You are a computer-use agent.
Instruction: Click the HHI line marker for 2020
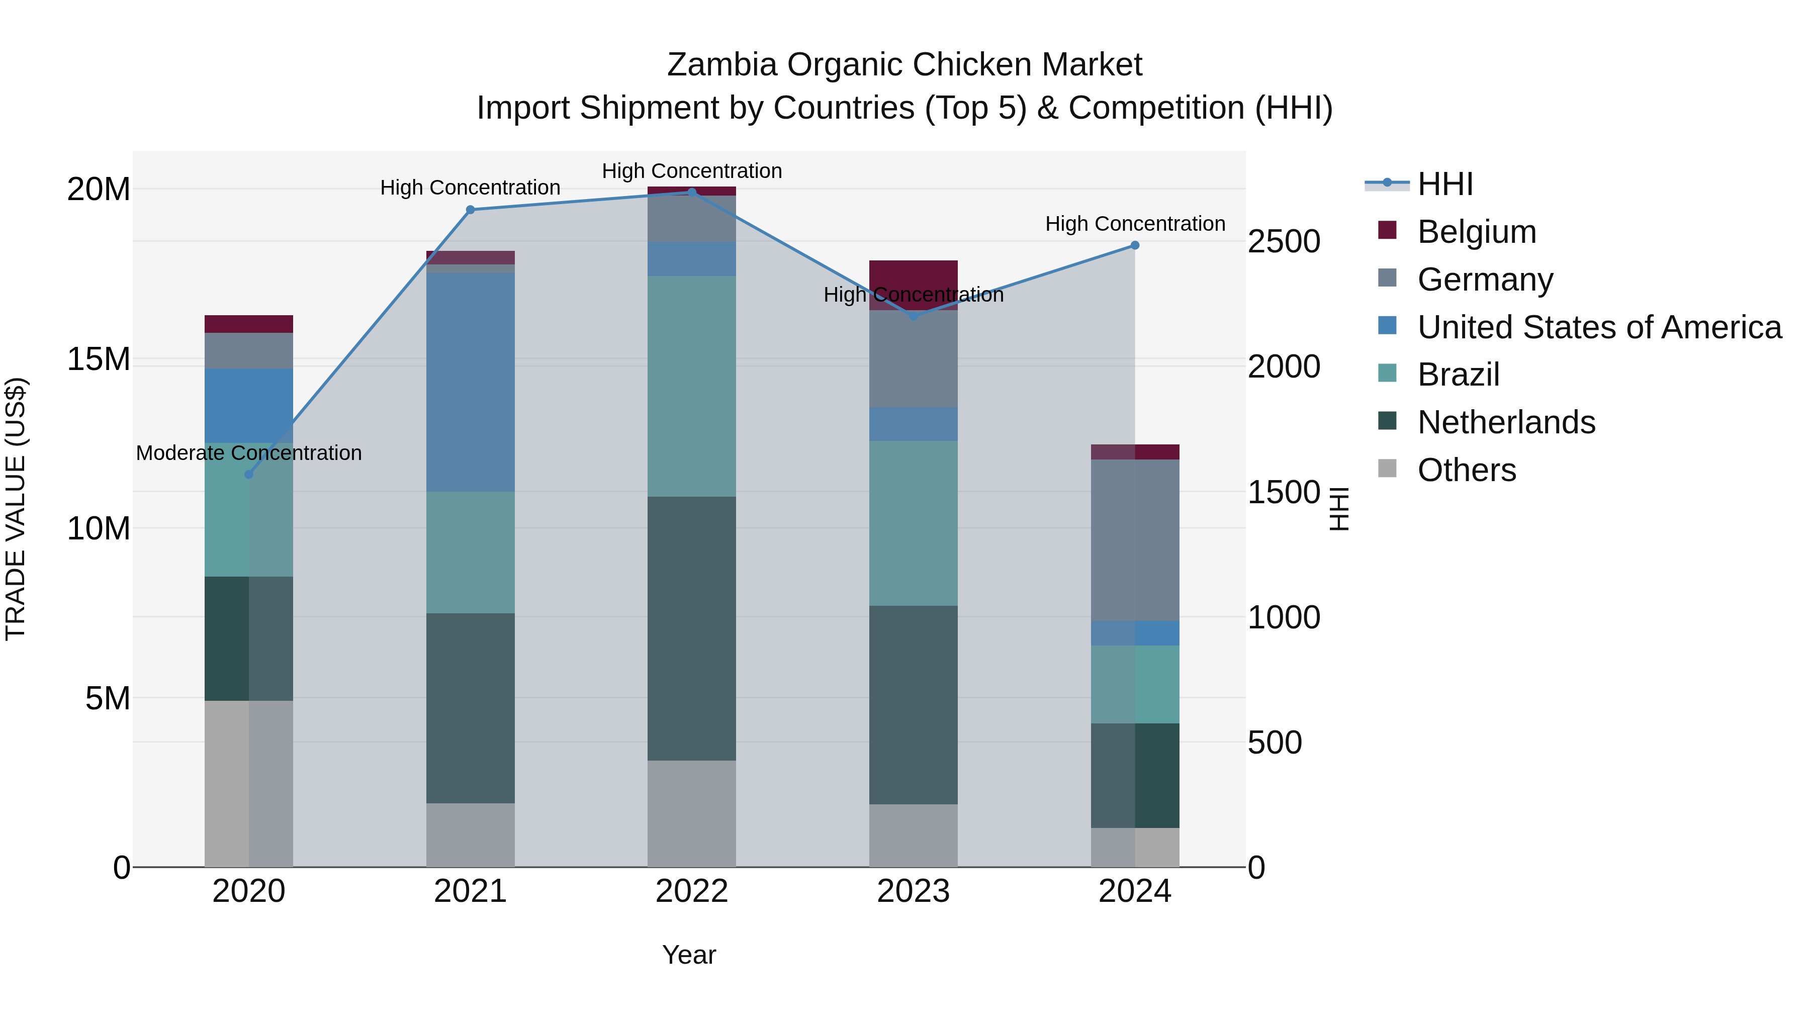coord(249,474)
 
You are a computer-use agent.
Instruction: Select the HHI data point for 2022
coord(691,192)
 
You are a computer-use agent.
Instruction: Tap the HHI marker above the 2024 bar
coord(1135,245)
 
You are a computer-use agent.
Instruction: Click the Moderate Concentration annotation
coord(249,453)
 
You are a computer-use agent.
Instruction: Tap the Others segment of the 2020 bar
coord(249,783)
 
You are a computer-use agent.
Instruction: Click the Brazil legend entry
coord(1458,375)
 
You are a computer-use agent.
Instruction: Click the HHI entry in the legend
coord(1444,184)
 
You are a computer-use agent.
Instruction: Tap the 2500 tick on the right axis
coord(1284,242)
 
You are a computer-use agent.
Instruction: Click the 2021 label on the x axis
coord(470,891)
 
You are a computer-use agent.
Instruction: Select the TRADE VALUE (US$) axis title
coord(16,509)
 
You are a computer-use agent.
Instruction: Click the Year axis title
coord(689,955)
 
